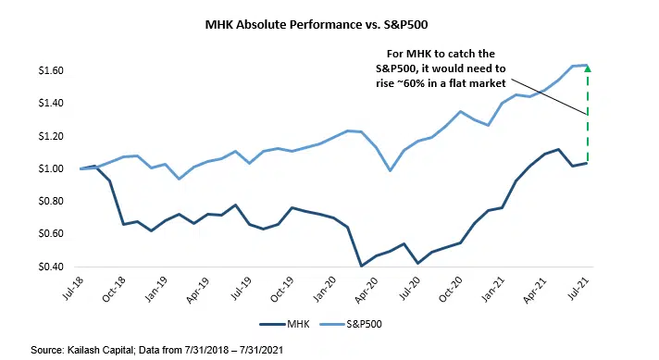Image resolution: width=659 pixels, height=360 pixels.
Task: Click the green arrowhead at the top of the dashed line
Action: click(x=587, y=68)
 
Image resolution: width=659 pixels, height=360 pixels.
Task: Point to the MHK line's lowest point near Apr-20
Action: click(x=362, y=266)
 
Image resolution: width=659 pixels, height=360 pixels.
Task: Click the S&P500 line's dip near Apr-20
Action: click(x=391, y=170)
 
